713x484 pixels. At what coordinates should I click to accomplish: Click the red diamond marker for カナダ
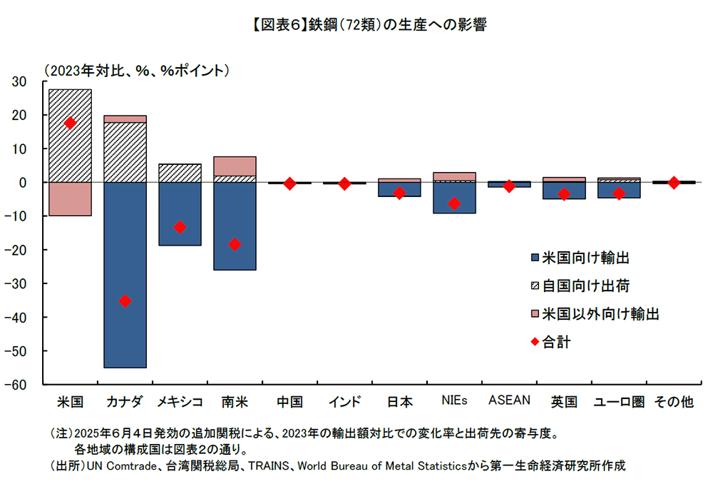tap(125, 301)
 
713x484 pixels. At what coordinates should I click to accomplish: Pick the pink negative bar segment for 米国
tap(70, 199)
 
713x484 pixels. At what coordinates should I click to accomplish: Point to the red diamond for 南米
tap(235, 244)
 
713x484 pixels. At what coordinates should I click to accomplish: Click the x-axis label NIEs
tap(454, 400)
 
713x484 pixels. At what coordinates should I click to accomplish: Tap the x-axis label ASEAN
tap(509, 400)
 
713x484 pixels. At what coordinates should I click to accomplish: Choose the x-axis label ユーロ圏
tap(619, 402)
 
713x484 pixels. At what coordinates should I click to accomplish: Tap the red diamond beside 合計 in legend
tap(535, 342)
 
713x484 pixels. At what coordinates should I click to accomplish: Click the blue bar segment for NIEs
tap(454, 198)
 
